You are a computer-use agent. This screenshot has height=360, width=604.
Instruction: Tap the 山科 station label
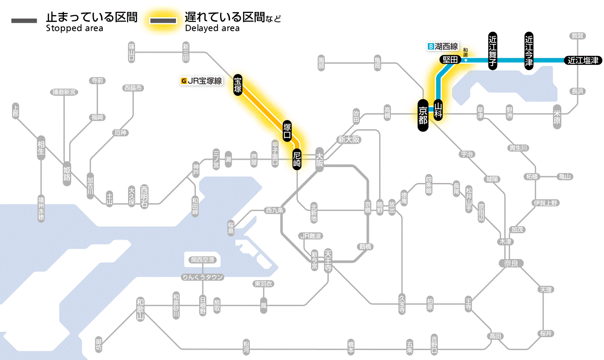coord(438,110)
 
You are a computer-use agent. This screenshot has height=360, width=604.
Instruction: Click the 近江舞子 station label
coord(493,51)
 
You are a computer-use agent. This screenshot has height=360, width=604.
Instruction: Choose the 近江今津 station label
coord(529,51)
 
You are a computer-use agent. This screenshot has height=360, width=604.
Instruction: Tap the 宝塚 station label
coord(238,85)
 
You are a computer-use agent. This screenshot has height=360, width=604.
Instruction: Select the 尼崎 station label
coord(296,159)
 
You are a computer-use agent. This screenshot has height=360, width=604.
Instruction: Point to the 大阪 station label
coord(319,159)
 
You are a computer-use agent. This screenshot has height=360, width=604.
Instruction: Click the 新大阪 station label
coord(349,140)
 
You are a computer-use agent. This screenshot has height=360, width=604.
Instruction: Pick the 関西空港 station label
coord(202,260)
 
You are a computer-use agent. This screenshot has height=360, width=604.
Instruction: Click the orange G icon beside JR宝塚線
coord(184,80)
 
